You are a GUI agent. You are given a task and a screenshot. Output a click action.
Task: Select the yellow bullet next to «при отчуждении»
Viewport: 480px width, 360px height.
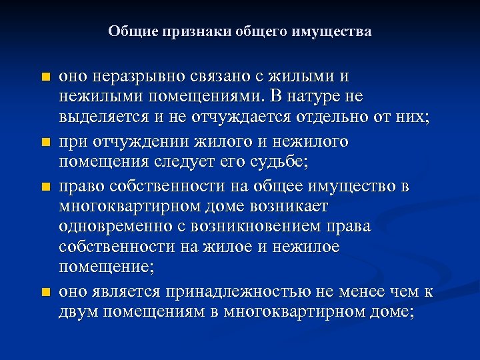(x=45, y=143)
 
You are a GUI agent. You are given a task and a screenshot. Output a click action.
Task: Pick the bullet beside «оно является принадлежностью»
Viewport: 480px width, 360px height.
(x=45, y=292)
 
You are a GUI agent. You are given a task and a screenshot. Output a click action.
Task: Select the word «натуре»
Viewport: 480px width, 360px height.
(x=311, y=97)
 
